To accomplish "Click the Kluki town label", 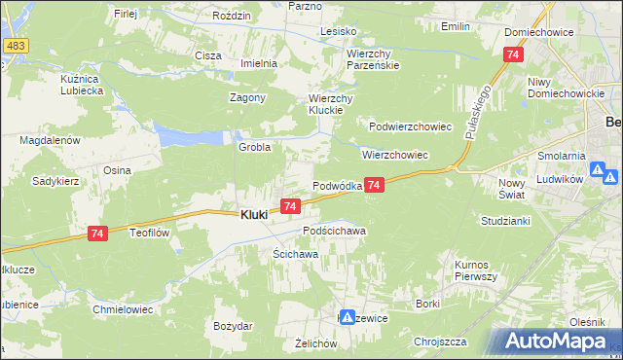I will (x=253, y=215).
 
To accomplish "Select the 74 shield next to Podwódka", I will (x=376, y=184).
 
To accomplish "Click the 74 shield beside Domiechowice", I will (x=513, y=55).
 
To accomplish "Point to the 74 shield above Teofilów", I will (x=95, y=234).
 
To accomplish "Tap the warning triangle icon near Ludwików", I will (x=610, y=177).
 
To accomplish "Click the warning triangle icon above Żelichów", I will (x=346, y=317).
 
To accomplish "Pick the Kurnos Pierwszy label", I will (x=476, y=270).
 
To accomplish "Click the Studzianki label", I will (x=503, y=221).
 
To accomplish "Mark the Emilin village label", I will (x=455, y=26).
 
